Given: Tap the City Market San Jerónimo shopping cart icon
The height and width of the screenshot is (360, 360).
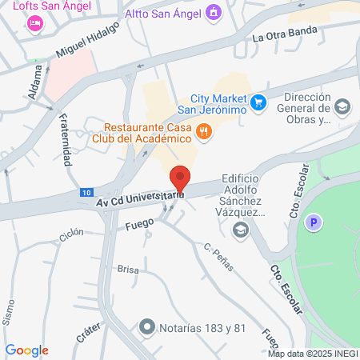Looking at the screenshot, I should pyautogui.click(x=258, y=102).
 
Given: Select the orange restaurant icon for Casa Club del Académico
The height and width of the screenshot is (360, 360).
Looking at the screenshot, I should pyautogui.click(x=204, y=132).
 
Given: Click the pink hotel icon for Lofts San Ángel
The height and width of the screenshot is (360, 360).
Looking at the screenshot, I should pyautogui.click(x=34, y=24).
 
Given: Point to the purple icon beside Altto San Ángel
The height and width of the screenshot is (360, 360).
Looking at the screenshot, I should pyautogui.click(x=213, y=13).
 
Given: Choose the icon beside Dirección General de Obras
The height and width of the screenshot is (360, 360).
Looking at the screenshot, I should pyautogui.click(x=342, y=106).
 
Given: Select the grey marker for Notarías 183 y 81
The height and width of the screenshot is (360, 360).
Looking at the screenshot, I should pyautogui.click(x=146, y=326).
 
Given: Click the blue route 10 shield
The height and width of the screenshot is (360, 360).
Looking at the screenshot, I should pyautogui.click(x=86, y=193).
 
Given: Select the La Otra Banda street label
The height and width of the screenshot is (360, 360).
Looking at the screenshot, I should pyautogui.click(x=284, y=34).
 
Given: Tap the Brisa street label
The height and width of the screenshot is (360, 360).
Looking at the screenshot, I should pyautogui.click(x=127, y=270).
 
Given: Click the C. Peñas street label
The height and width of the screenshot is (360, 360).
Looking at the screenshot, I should pyautogui.click(x=218, y=258).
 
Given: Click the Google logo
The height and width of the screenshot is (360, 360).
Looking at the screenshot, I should pyautogui.click(x=26, y=350).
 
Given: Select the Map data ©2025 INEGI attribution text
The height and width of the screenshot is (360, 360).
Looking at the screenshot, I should pyautogui.click(x=312, y=354).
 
